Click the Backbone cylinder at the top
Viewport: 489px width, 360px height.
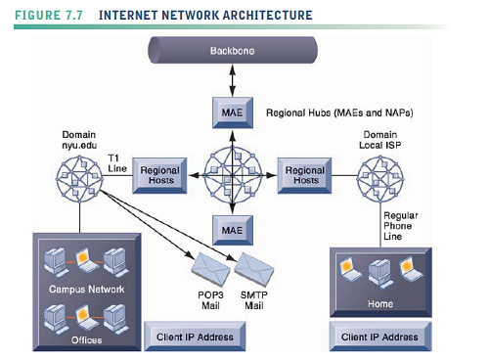[232, 50]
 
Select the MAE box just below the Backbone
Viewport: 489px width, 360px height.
[232, 113]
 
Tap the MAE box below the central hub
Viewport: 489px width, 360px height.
[232, 230]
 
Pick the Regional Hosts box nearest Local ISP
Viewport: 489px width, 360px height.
[305, 174]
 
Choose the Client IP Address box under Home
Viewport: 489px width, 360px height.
[380, 337]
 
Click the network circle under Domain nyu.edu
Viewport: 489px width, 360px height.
[79, 177]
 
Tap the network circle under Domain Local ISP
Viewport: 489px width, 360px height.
[380, 177]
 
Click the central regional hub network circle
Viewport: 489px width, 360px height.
[232, 173]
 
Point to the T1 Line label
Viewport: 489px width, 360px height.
[117, 161]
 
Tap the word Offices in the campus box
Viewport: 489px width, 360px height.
[86, 339]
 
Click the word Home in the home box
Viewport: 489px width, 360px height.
[380, 303]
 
